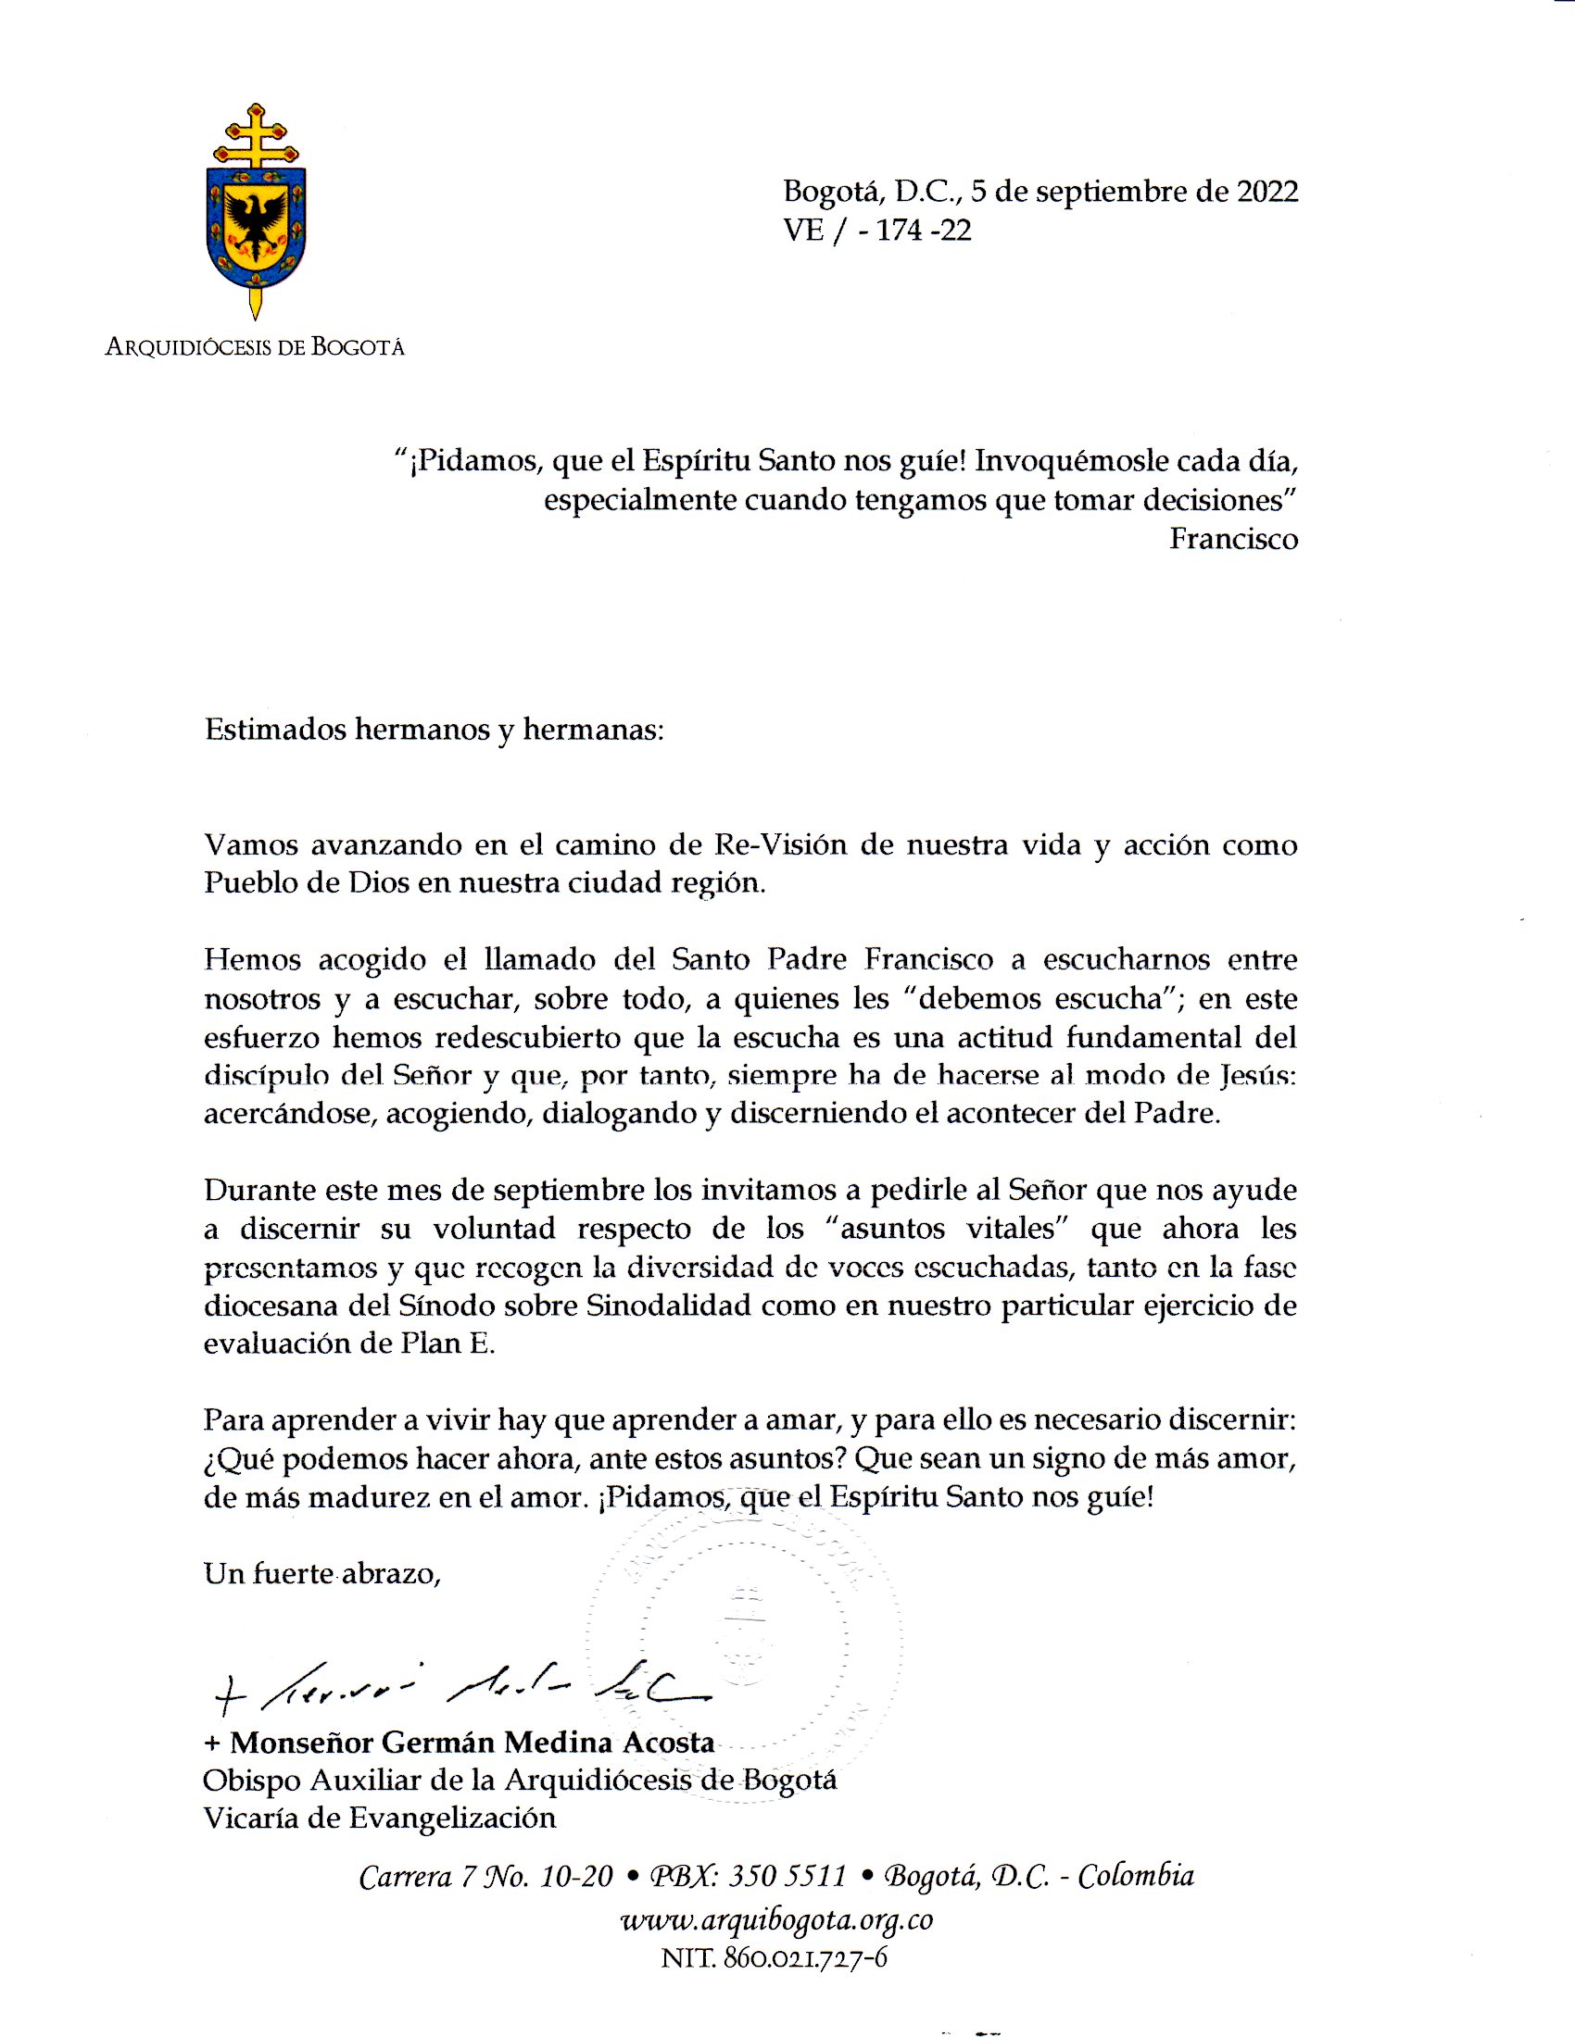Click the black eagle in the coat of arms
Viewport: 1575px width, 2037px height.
256,222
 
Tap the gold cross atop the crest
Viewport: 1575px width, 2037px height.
256,135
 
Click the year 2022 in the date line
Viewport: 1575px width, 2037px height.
1267,192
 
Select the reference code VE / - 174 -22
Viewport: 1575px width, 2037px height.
877,230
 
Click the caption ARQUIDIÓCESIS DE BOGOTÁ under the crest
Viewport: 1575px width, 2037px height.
255,348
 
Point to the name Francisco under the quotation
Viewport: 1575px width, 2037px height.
1233,539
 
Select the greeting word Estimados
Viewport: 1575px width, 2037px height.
275,730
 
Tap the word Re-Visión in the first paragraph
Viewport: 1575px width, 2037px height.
780,844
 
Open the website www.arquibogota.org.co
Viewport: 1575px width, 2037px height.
777,1918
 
